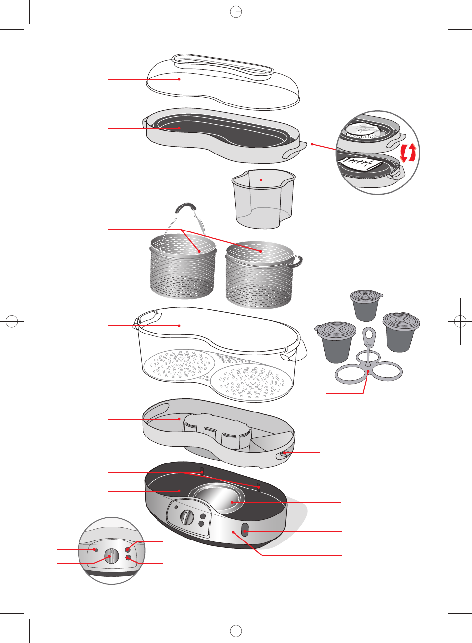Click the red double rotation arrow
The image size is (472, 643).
coord(408,153)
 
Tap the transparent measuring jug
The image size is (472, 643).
coord(263,199)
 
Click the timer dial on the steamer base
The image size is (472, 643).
coord(187,517)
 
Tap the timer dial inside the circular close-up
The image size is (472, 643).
coord(112,556)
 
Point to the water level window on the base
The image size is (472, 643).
coord(245,530)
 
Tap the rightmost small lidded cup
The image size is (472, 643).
coord(401,331)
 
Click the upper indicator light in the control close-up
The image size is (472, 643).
coord(128,549)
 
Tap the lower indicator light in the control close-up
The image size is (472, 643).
coord(128,558)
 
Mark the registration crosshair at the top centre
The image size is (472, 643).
coord(236,12)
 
